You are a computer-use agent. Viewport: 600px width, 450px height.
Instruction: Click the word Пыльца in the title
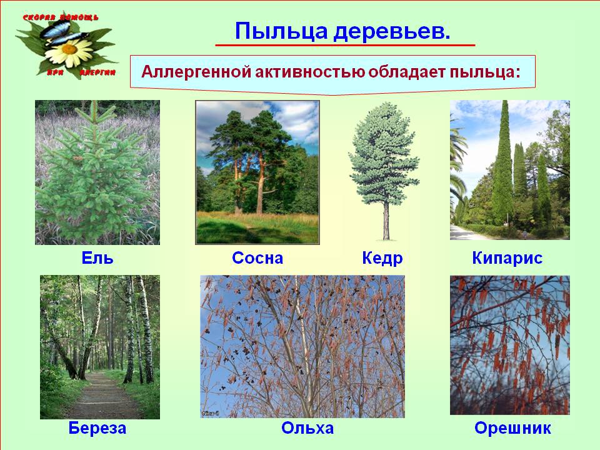(281, 31)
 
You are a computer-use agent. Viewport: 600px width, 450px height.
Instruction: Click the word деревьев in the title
(391, 31)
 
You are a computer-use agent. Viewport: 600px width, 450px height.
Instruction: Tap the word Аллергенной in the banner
(196, 72)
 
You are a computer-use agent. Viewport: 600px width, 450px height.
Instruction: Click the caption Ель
(97, 258)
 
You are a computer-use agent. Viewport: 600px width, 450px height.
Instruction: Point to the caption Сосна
(257, 258)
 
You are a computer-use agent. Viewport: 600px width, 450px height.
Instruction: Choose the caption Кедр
(382, 259)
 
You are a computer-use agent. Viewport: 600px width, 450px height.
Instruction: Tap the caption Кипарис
(507, 258)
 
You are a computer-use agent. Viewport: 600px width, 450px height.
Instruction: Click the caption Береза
(97, 427)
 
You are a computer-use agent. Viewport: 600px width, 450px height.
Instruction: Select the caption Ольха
(307, 427)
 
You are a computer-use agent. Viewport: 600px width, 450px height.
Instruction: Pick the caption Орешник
(512, 427)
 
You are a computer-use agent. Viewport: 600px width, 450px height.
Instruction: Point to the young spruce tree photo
(97, 172)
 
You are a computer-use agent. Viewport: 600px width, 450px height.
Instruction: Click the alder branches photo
(302, 346)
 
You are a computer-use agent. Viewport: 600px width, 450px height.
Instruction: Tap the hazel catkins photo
(510, 345)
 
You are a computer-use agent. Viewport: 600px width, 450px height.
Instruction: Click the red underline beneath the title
(345, 45)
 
